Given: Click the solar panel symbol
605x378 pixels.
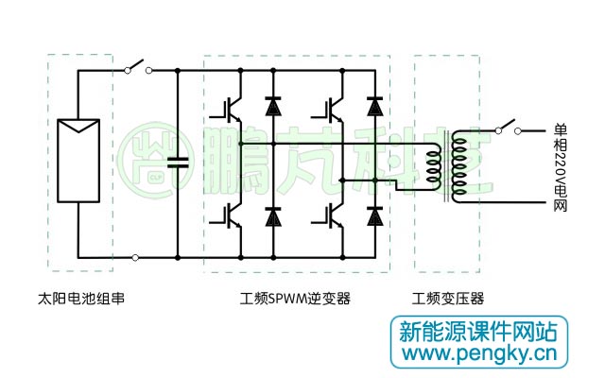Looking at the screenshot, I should (78, 161).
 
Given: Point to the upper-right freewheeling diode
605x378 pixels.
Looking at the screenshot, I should (375, 107).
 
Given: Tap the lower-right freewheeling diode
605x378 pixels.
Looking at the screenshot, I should (375, 217).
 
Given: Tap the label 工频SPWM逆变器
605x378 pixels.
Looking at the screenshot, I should (295, 299).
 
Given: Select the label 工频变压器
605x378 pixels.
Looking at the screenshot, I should (448, 299).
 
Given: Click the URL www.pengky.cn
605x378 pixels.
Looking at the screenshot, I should (478, 356).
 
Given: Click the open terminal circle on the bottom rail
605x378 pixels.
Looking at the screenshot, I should (137, 257).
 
